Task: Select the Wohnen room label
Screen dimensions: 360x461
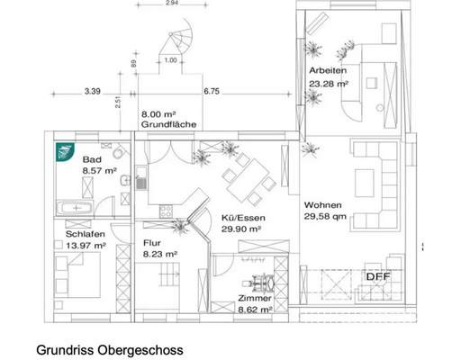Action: [322, 204]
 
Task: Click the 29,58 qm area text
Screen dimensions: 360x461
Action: [325, 217]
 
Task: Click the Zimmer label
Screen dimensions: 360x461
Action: [254, 297]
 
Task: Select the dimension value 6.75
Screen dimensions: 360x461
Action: [212, 91]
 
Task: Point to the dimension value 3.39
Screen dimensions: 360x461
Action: [93, 91]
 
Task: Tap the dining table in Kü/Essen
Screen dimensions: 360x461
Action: [249, 180]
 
